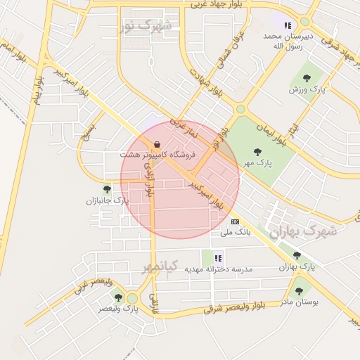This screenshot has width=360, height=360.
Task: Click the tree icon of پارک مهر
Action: pyautogui.click(x=259, y=151)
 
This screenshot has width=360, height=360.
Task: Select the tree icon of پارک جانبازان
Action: pyautogui.click(x=107, y=189)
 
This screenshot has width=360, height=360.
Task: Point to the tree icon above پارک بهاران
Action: pyautogui.click(x=297, y=255)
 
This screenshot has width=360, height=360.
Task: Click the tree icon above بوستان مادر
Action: pyautogui.click(x=300, y=290)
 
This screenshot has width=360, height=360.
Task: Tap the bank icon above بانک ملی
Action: pyautogui.click(x=234, y=221)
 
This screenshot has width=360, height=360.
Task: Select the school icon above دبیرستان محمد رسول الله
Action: pyautogui.click(x=287, y=26)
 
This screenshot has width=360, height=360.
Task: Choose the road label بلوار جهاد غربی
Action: pyautogui.click(x=212, y=4)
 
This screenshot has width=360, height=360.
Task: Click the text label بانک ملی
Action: pyautogui.click(x=236, y=231)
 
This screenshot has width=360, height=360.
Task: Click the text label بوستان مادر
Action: pyautogui.click(x=300, y=302)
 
